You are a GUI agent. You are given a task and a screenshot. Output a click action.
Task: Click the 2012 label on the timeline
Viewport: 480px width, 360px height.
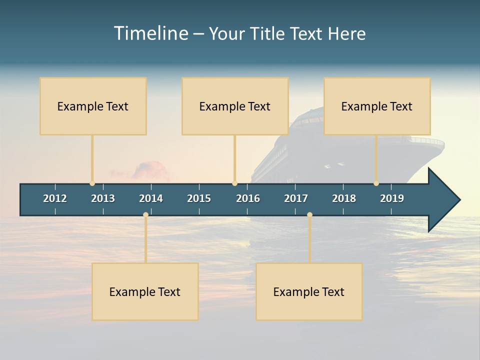(x=55, y=198)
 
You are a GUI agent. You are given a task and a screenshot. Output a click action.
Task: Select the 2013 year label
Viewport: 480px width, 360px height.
(x=103, y=198)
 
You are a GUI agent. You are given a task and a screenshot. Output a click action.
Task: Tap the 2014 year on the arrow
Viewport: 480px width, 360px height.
(x=151, y=198)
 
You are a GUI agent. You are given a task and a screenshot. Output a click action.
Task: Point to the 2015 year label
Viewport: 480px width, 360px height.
(x=199, y=198)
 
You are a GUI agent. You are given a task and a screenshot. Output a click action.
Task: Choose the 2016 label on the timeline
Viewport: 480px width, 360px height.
(x=248, y=198)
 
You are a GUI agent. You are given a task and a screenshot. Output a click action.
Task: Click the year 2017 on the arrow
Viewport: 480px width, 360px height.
(x=296, y=198)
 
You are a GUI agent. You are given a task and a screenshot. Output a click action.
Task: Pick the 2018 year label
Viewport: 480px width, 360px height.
(x=344, y=198)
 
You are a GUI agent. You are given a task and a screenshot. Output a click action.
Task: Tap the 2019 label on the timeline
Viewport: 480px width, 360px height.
(x=392, y=198)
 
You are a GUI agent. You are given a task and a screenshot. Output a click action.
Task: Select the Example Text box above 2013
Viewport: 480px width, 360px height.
(x=93, y=106)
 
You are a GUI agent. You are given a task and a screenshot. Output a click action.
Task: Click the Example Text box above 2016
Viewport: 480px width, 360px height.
(x=235, y=106)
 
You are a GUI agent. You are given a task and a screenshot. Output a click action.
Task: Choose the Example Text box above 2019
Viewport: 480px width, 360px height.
(x=377, y=106)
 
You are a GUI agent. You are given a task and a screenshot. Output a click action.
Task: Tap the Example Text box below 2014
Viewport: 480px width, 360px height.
(x=145, y=291)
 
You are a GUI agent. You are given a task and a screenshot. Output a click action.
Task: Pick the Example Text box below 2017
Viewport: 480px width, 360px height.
(x=309, y=291)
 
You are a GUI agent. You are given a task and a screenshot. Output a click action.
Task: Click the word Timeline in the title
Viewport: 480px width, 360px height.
(x=150, y=33)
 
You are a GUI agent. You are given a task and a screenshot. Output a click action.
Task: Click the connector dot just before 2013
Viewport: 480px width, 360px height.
(x=92, y=183)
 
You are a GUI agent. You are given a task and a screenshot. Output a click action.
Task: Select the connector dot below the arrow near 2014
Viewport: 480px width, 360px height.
(x=145, y=215)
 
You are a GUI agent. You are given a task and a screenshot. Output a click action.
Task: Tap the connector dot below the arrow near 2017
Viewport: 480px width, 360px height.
(x=309, y=215)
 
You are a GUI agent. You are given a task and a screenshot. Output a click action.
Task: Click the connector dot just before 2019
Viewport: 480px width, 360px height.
(x=376, y=183)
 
